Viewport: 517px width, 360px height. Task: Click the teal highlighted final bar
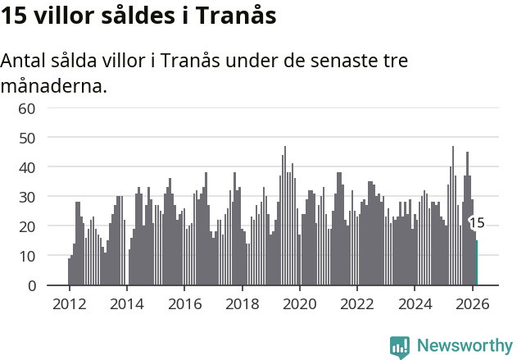pos(477,263)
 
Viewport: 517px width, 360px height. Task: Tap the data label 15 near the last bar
pos(477,223)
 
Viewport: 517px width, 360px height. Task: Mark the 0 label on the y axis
pos(32,285)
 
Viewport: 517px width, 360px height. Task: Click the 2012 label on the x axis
pos(69,303)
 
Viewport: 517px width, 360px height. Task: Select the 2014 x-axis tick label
pos(126,303)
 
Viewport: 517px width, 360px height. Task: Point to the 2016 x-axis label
pos(184,303)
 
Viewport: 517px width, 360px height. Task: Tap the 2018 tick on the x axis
pos(242,303)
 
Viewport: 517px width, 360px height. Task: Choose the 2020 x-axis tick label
pos(300,303)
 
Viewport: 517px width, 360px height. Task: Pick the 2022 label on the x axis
pos(357,303)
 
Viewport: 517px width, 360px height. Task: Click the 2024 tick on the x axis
pos(415,303)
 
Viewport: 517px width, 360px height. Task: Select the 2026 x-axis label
pos(473,303)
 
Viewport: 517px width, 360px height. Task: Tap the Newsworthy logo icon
pos(400,346)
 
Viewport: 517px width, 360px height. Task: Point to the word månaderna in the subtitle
pos(54,84)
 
